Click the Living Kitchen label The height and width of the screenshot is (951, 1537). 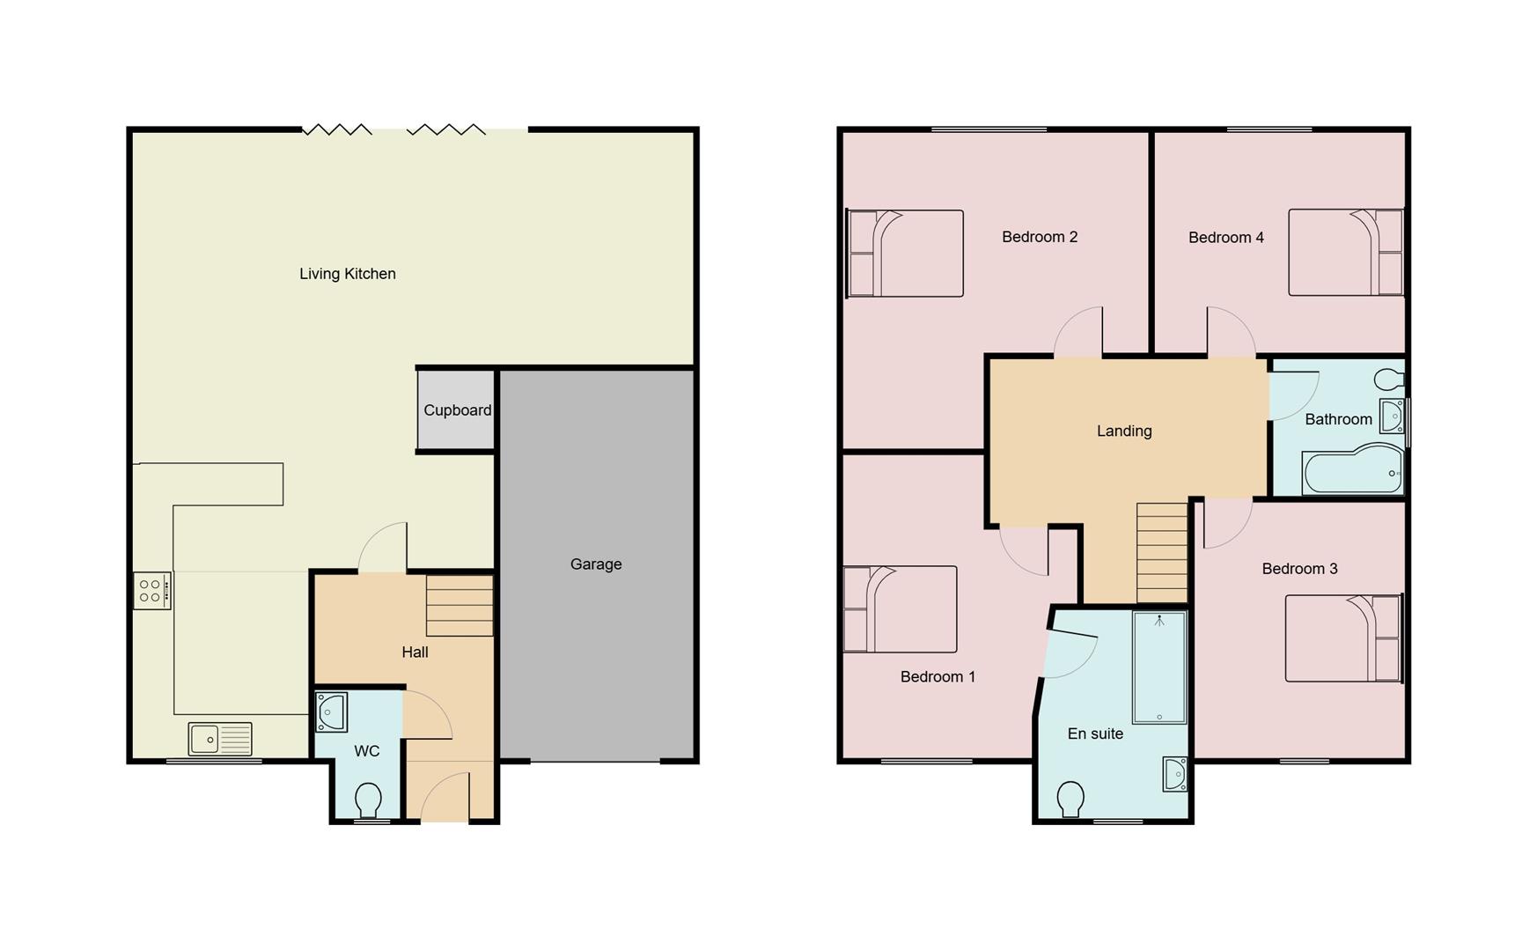348,274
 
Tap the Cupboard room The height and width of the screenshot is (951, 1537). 456,410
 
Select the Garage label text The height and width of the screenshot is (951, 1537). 596,564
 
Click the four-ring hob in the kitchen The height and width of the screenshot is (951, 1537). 151,590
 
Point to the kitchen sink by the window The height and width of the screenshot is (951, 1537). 220,739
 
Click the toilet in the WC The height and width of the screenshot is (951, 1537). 368,800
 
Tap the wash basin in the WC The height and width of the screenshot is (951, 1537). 332,711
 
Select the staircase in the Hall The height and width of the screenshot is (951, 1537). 460,606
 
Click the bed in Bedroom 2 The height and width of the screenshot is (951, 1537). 905,253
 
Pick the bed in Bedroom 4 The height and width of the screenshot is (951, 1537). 1345,252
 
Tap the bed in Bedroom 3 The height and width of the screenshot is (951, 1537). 1342,638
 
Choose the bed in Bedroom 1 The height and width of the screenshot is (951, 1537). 900,608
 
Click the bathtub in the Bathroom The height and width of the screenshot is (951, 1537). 1352,471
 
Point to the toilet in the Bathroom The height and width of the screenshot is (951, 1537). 1388,380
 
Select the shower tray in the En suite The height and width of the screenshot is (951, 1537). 1159,667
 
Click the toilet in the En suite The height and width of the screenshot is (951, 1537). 1071,799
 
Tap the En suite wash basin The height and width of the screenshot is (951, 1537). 1174,774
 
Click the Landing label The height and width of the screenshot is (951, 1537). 1124,431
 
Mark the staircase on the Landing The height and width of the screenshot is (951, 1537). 1162,552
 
